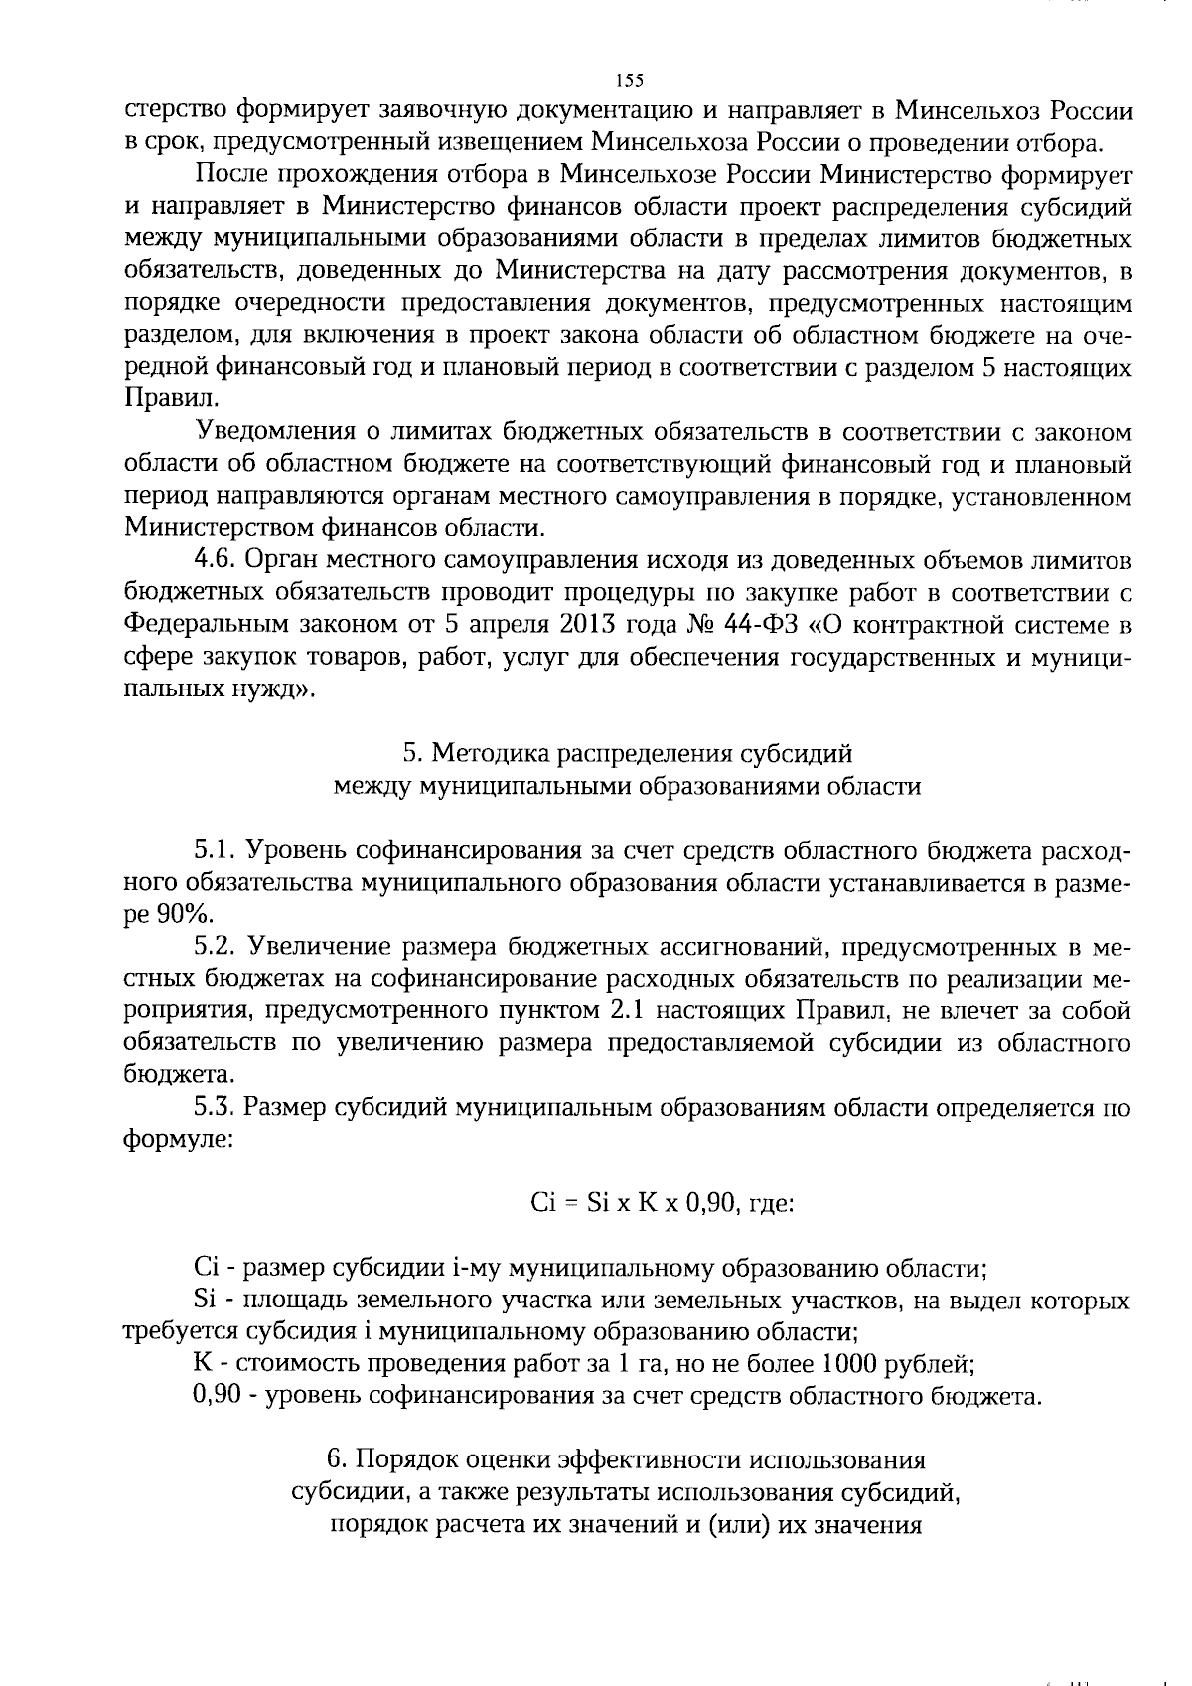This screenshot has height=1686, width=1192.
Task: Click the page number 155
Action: click(x=630, y=80)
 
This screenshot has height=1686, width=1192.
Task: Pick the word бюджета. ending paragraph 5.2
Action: click(x=166, y=1075)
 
